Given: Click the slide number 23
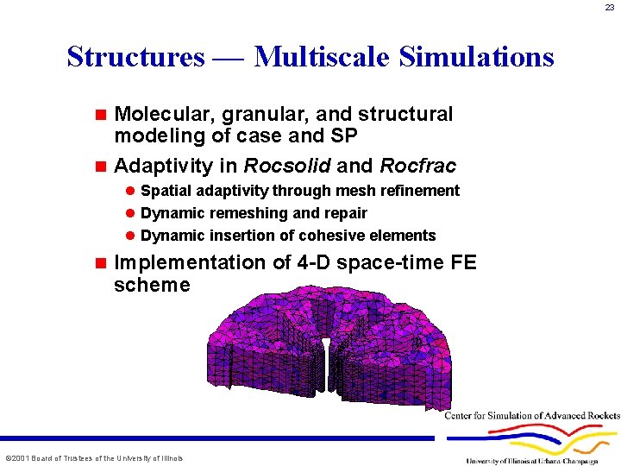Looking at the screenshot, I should coord(610,8).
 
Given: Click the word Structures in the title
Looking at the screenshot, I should coord(135,57).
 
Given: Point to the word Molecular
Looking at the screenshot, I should coord(158,114).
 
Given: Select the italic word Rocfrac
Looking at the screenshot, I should coord(418,165).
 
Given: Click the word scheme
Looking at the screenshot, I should coord(152,285).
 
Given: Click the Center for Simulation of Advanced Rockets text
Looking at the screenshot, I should coord(532,416).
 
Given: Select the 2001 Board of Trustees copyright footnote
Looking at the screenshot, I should coord(94,457).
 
